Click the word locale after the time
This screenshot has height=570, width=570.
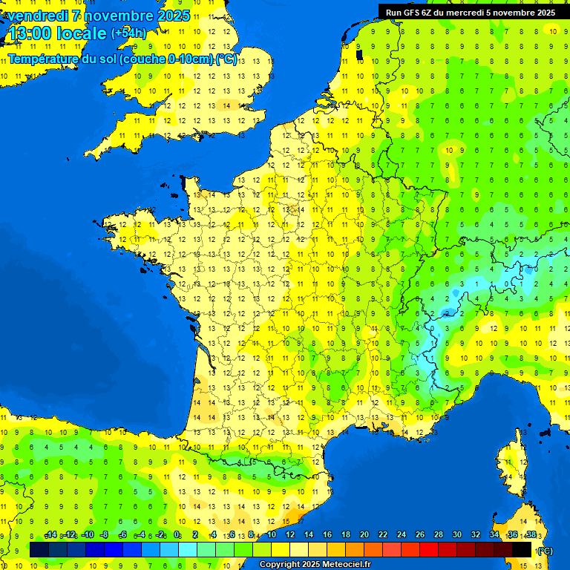coord(83,34)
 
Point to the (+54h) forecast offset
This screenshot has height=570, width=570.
coord(128,33)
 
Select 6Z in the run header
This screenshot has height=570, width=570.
coord(427,13)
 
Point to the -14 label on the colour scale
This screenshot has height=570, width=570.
coord(50,535)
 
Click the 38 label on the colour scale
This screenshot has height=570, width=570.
coord(531,535)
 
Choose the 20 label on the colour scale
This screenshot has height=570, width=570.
coord(364,535)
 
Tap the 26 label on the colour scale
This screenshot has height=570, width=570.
coord(419,535)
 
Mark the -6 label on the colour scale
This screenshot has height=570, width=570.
coord(123,535)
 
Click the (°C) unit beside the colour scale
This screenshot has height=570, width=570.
coord(546,551)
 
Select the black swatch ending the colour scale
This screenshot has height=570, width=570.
coord(522,549)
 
